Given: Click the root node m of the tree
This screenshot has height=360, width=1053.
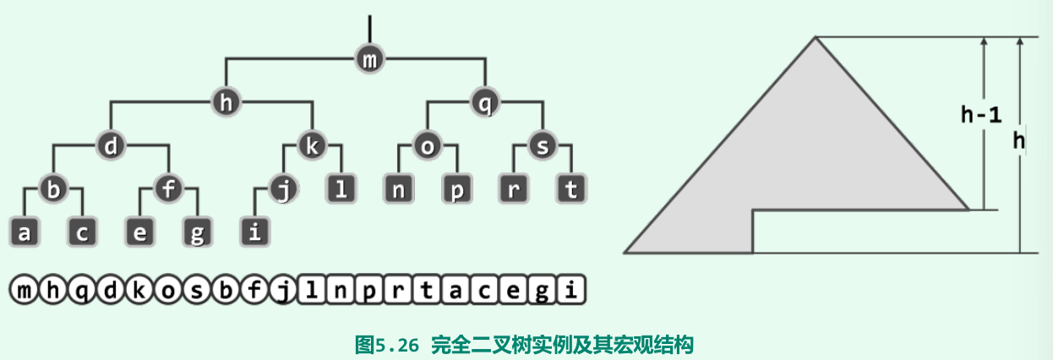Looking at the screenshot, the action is (x=369, y=59).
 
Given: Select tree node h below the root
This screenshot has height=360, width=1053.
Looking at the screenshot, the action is (x=225, y=103).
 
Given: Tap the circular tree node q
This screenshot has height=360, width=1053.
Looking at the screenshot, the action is (x=484, y=103).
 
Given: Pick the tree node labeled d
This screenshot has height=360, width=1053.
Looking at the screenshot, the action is (x=110, y=146).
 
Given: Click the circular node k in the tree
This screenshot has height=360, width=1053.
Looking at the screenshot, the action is (x=312, y=146).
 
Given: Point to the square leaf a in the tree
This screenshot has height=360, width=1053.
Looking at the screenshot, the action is (x=24, y=232).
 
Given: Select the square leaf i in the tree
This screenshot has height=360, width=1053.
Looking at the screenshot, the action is (x=254, y=232).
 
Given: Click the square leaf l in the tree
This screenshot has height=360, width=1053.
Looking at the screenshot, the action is (x=341, y=189).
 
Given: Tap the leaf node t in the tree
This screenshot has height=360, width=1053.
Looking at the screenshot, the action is (x=571, y=189).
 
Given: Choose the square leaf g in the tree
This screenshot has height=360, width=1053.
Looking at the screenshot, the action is (x=196, y=232).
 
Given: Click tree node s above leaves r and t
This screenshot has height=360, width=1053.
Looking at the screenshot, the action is (x=542, y=146).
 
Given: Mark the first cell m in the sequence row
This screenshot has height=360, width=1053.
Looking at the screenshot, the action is (x=24, y=291).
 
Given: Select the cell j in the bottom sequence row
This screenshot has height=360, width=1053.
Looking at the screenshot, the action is (x=283, y=291).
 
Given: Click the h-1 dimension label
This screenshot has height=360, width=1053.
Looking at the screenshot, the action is (x=981, y=117).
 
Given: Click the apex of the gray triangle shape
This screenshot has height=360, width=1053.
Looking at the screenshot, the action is (x=816, y=37).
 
